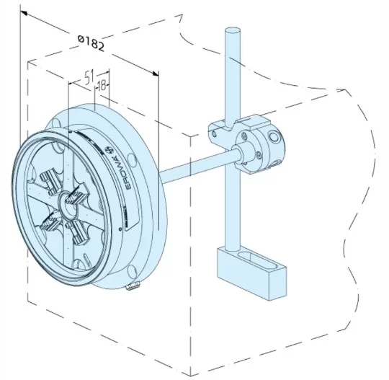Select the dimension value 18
[x=102, y=85]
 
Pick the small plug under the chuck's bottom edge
[x=131, y=288]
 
